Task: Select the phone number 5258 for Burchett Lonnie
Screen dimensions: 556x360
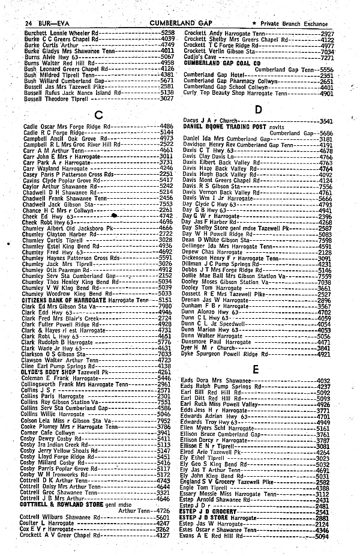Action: coord(167,32)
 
